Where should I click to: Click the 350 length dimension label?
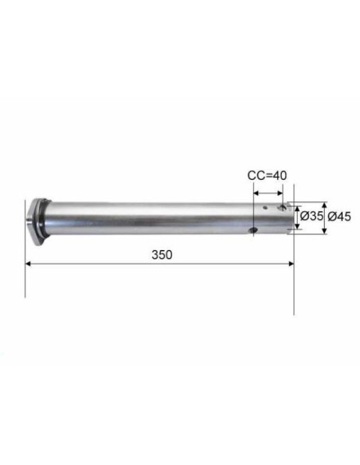[x=162, y=255]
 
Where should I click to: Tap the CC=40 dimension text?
[x=267, y=175]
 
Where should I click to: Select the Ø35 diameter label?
[x=311, y=217]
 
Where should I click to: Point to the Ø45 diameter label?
[x=339, y=217]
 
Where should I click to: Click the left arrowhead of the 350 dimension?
[x=28, y=264]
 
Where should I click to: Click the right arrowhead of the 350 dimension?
[x=292, y=264]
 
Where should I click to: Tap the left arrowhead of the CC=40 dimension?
[x=256, y=193]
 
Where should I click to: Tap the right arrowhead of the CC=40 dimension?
[x=280, y=193]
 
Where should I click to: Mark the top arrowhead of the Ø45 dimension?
[x=324, y=205]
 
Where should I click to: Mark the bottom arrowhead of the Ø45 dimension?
[x=324, y=231]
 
